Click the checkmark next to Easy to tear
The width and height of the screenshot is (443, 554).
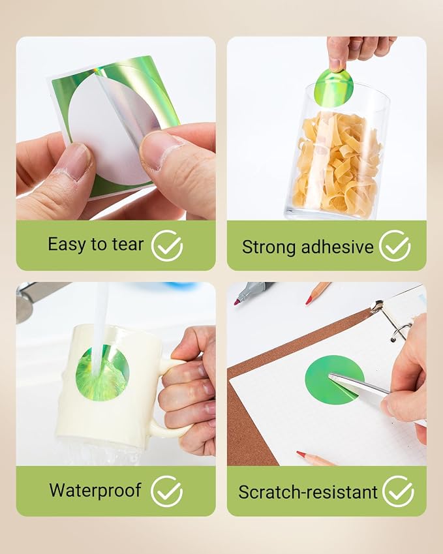(x=167, y=245)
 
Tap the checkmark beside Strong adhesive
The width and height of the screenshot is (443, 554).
(x=395, y=245)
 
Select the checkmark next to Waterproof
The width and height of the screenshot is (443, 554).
(x=167, y=491)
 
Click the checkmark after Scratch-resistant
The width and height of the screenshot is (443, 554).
(x=398, y=491)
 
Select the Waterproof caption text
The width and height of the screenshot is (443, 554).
(x=95, y=491)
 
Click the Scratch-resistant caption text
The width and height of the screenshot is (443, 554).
(x=308, y=492)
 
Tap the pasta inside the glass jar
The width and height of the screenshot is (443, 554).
(x=337, y=162)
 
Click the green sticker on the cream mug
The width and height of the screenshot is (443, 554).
(x=102, y=373)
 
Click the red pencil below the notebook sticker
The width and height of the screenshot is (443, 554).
(x=315, y=458)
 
